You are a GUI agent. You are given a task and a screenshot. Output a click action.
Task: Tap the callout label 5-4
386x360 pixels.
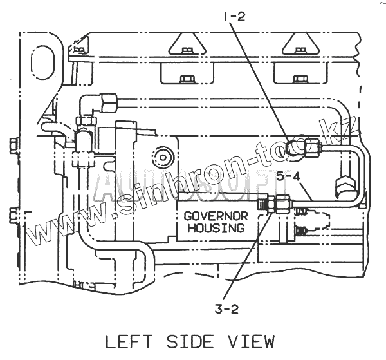[288, 175]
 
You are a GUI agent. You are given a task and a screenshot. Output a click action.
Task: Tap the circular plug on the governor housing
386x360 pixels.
[160, 155]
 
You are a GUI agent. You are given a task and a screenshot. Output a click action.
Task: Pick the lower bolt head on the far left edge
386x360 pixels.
[14, 214]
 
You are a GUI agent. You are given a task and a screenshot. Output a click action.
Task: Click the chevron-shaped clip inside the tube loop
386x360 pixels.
[344, 187]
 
